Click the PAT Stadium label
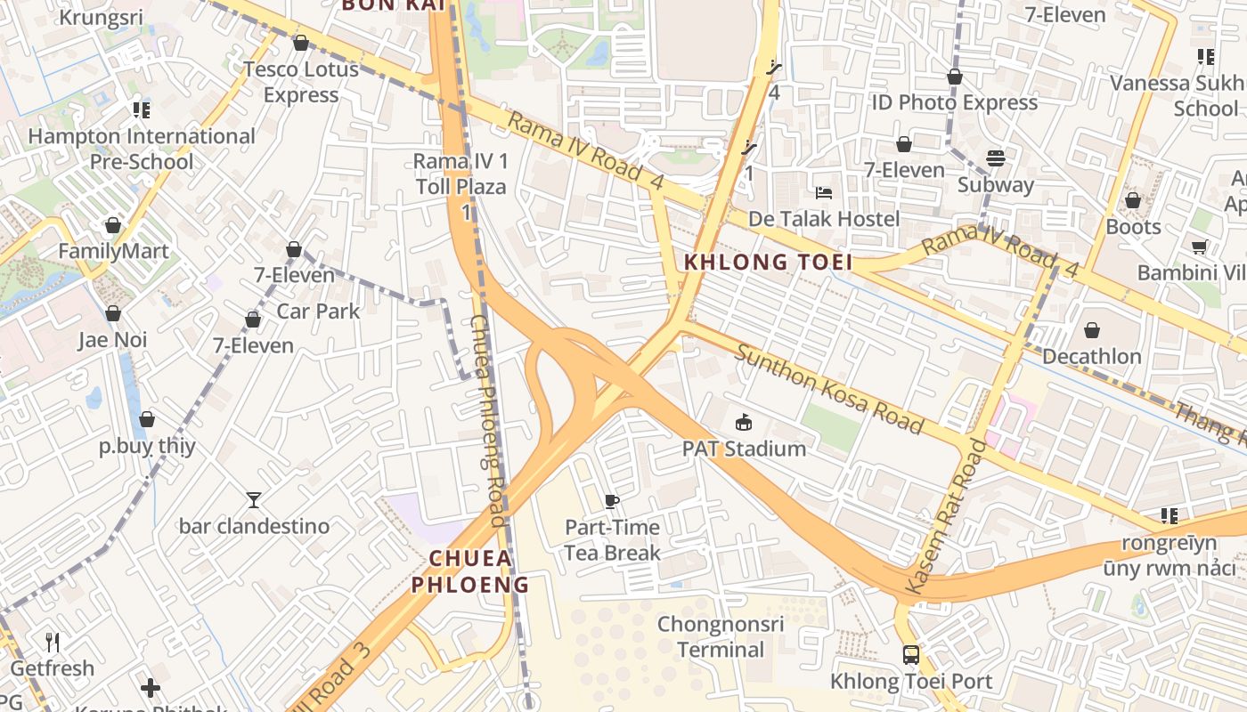(744, 449)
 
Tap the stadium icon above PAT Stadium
(743, 422)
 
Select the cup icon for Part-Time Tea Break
(612, 501)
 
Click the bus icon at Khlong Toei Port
(910, 655)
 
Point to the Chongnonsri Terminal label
(721, 636)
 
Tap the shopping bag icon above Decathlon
(1091, 331)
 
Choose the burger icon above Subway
(995, 159)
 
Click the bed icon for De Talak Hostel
(824, 193)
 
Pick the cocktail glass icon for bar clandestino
(254, 500)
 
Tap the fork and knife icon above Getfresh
(53, 642)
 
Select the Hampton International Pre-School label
(142, 149)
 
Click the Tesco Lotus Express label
(301, 82)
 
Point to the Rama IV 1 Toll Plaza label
(460, 174)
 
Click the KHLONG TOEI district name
(768, 263)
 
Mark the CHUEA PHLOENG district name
(470, 571)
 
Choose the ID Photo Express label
(954, 103)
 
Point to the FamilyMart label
(113, 251)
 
